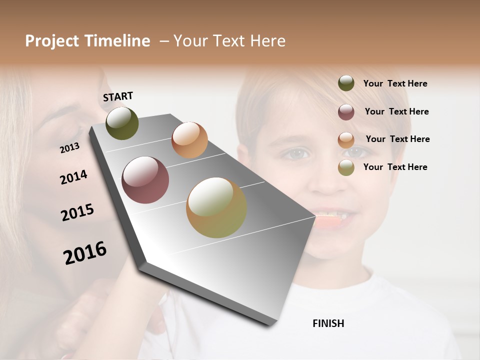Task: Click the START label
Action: [118, 96]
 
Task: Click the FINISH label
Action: [328, 323]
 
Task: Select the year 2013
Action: [69, 148]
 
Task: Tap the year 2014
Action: [73, 177]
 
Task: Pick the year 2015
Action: [77, 212]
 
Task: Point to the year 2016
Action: [85, 252]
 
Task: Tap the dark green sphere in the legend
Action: [346, 83]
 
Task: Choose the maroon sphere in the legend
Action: [346, 112]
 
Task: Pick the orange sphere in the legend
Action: [346, 140]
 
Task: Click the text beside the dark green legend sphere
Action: [395, 84]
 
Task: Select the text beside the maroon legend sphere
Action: [396, 111]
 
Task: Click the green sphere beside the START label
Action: [122, 123]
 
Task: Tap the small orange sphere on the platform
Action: [189, 140]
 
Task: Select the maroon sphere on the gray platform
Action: [145, 180]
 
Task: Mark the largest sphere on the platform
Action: [216, 207]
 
